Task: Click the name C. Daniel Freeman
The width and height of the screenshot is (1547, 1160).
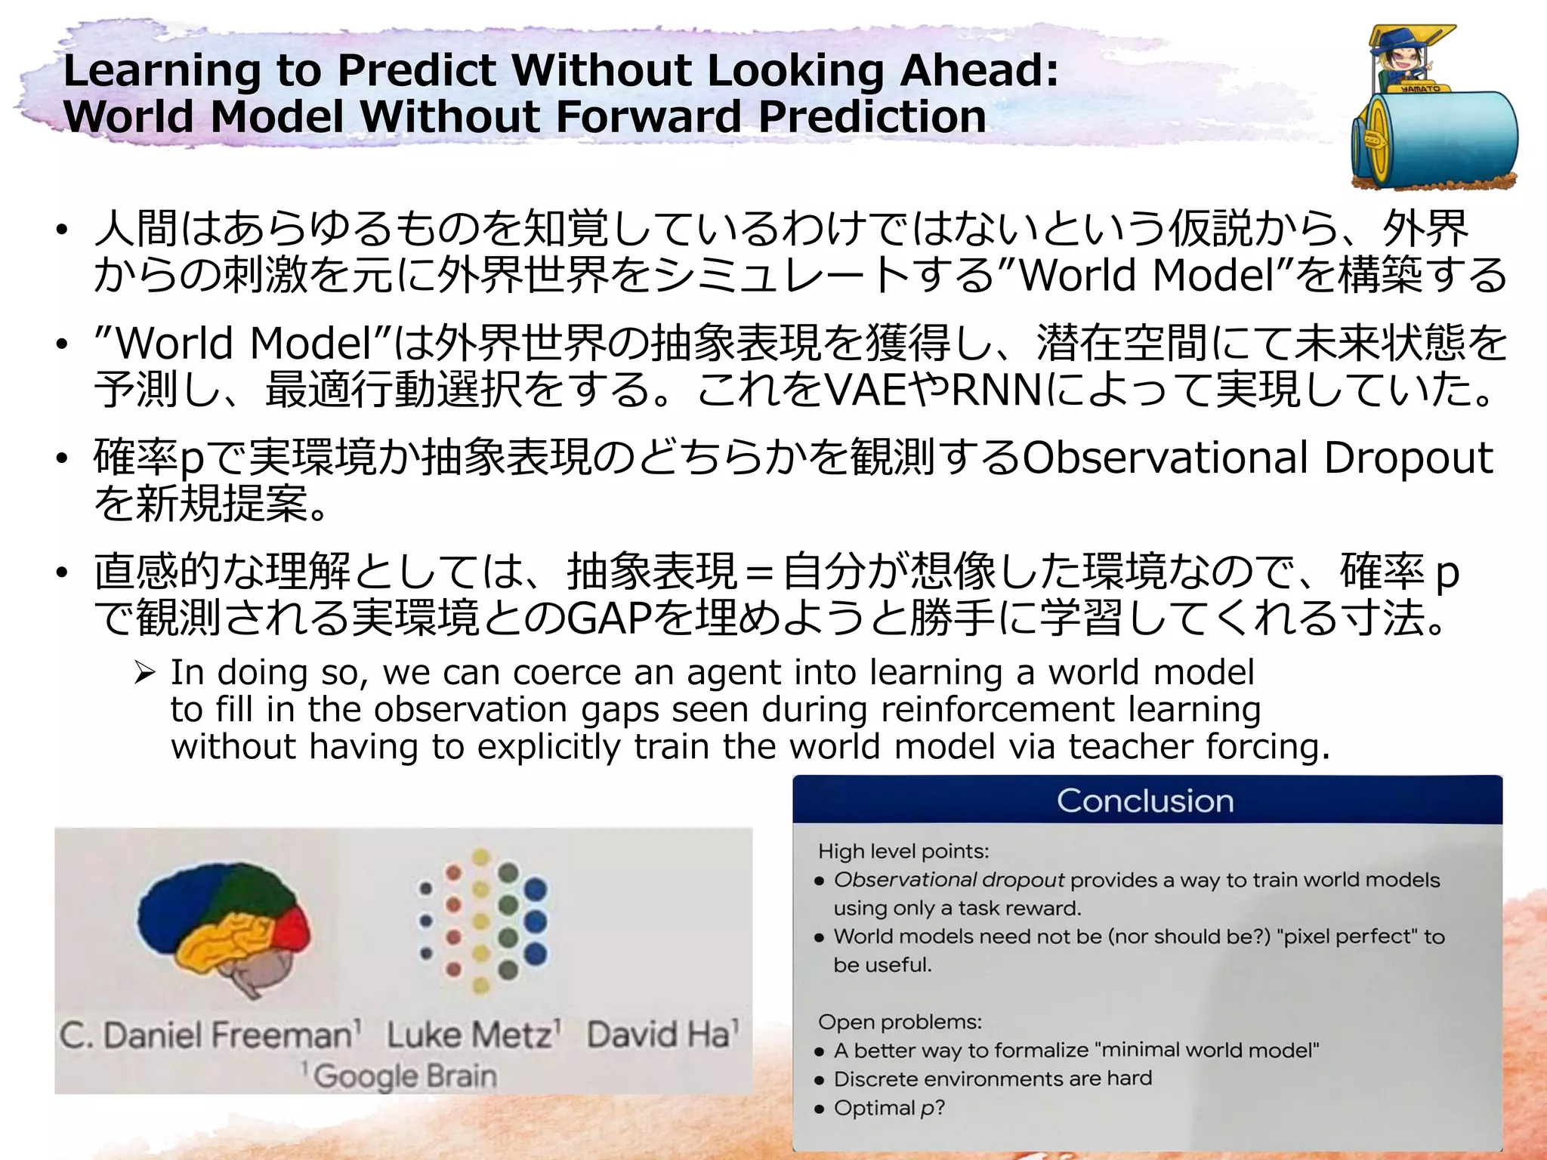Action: click(x=210, y=1034)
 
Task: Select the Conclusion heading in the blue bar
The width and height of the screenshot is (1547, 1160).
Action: click(x=1145, y=801)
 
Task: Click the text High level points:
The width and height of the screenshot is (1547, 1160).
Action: click(x=903, y=851)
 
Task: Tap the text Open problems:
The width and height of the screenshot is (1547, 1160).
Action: click(x=900, y=1022)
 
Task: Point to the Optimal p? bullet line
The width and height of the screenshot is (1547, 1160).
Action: click(x=888, y=1108)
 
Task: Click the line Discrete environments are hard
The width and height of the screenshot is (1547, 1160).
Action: click(x=993, y=1078)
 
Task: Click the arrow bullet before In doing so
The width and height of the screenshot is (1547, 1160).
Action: click(x=144, y=672)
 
